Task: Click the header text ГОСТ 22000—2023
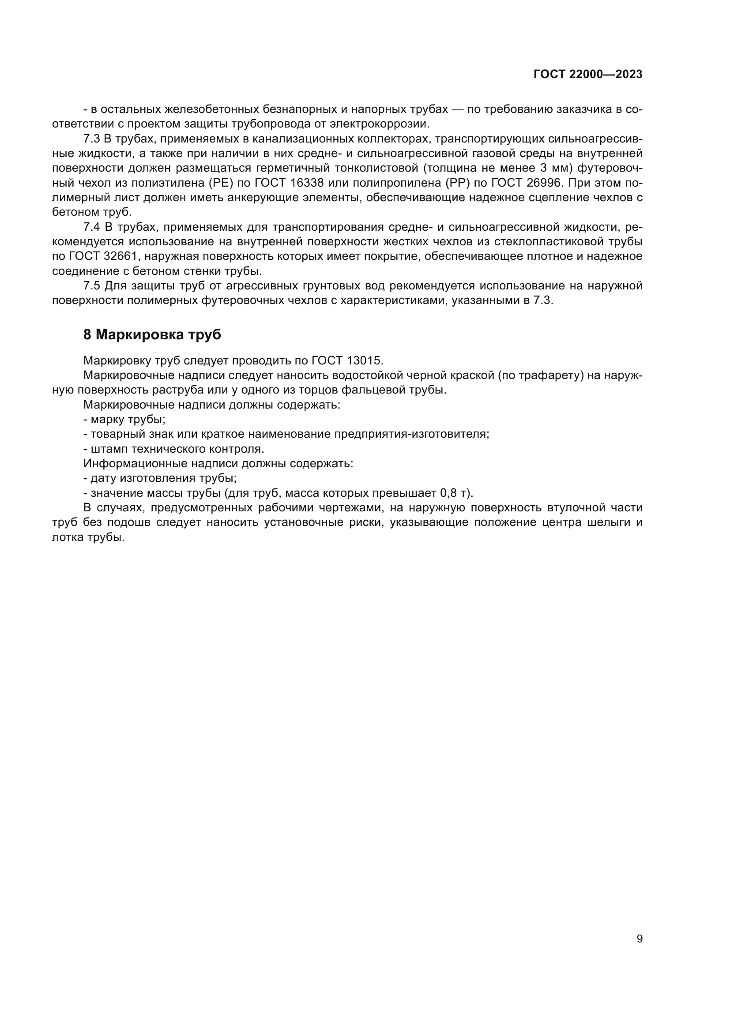588,75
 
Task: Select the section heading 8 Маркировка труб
152,334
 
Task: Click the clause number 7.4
92,227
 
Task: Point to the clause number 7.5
92,286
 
